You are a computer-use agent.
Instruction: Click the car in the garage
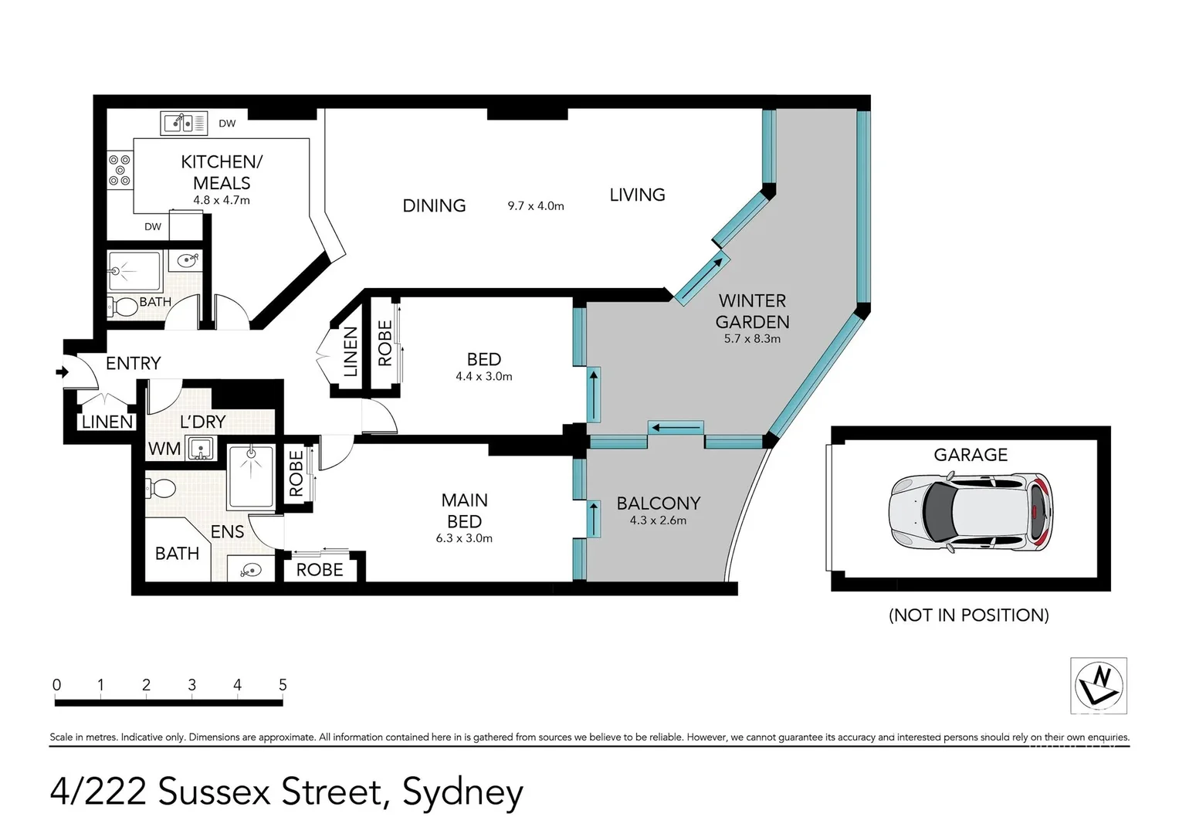[x=971, y=513]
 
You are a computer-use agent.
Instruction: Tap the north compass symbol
[x=1099, y=685]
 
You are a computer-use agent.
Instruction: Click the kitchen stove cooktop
[x=120, y=171]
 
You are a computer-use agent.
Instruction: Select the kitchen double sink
[x=184, y=123]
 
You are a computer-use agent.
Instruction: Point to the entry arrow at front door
[x=62, y=373]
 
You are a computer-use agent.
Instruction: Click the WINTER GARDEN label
[x=752, y=311]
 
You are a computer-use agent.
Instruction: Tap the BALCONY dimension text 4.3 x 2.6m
[x=658, y=520]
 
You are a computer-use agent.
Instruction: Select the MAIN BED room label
[x=464, y=510]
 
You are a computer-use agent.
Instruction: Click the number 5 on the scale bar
[x=283, y=685]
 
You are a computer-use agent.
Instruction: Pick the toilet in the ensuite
[x=161, y=488]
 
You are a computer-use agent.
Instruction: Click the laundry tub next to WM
[x=201, y=448]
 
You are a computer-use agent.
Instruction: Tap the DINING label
[x=434, y=206]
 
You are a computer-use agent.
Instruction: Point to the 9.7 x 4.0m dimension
[x=536, y=206]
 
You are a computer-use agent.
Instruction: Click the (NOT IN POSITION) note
[x=968, y=615]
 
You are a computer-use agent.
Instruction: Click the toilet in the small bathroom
[x=124, y=307]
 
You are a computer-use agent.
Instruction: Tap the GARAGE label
[x=971, y=455]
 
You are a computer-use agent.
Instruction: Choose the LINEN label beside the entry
[x=107, y=422]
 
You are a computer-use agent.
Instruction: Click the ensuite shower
[x=251, y=476]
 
